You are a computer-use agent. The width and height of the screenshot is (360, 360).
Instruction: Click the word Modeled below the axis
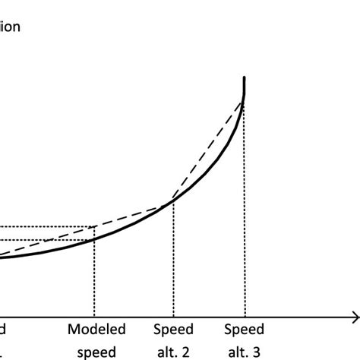(95, 330)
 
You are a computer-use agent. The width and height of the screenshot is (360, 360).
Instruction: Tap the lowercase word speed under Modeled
(95, 352)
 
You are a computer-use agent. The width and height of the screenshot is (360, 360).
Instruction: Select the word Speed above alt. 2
(173, 330)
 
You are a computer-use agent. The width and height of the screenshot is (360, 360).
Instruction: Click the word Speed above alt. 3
(245, 330)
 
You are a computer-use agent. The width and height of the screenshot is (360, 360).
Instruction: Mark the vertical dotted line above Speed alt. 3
(245, 213)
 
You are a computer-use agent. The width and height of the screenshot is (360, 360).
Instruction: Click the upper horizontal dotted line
(46, 226)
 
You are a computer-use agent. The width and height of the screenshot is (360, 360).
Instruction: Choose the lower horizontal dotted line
(46, 241)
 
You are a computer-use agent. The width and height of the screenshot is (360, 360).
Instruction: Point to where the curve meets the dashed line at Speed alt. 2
(173, 201)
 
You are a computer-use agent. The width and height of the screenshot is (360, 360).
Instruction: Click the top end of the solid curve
(245, 77)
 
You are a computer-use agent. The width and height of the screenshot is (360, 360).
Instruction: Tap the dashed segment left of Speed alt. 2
(133, 214)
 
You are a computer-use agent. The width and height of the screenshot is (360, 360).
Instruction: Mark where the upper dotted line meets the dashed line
(95, 226)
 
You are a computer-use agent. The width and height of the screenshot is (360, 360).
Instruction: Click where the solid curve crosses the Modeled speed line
(95, 240)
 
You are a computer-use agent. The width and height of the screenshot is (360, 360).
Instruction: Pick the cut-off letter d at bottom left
(3, 330)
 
